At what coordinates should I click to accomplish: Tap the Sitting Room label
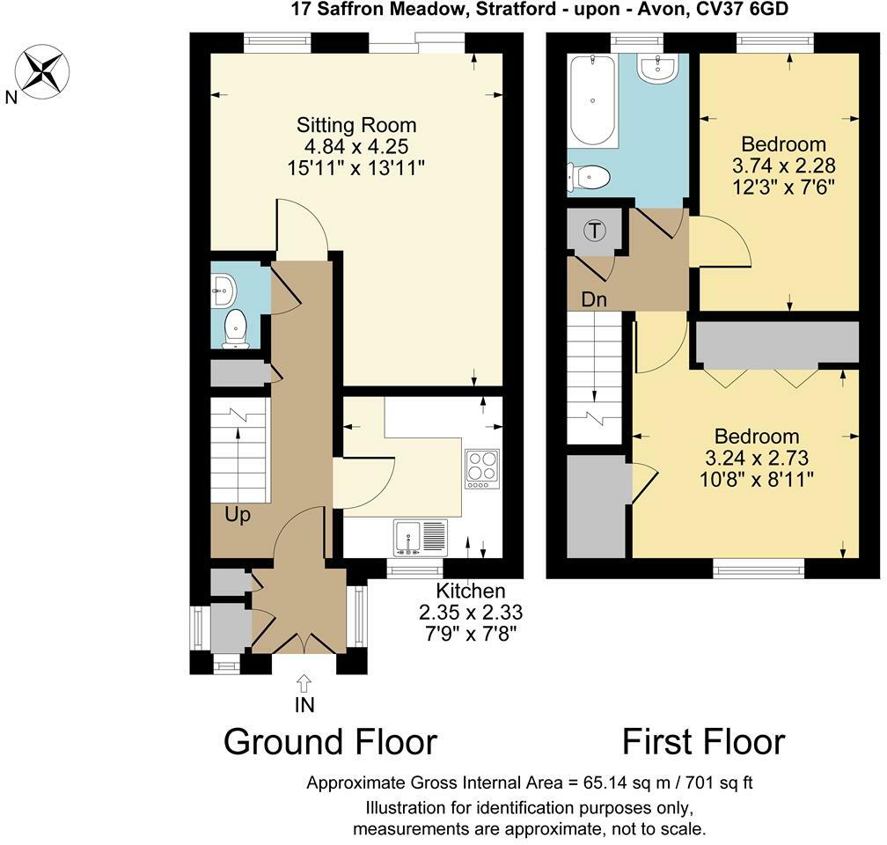[356, 125]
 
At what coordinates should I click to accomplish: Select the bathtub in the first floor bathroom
[592, 100]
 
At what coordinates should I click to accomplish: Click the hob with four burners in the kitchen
[482, 468]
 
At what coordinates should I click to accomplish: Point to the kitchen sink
[421, 537]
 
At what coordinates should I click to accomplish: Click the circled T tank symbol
[595, 231]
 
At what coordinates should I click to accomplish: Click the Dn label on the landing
[594, 299]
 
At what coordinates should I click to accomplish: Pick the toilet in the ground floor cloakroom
[235, 329]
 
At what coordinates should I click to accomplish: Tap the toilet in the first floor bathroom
[589, 178]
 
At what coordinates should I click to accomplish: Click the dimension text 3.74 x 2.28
[783, 165]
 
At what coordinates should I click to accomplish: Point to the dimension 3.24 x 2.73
[757, 458]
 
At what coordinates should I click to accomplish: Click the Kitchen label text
[471, 591]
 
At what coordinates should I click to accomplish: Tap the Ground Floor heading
[330, 741]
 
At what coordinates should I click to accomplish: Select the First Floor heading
[704, 741]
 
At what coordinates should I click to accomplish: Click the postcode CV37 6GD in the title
[739, 9]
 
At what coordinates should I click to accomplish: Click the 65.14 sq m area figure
[620, 783]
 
